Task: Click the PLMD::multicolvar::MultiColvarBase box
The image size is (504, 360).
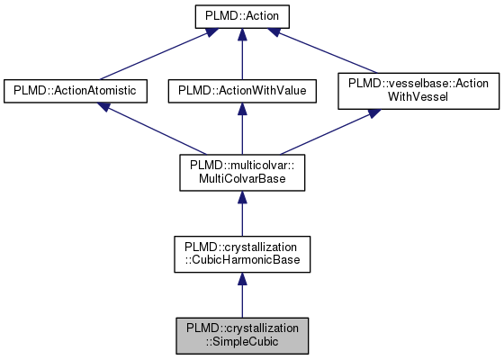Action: [240, 172]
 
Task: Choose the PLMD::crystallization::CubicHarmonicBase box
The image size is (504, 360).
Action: [240, 254]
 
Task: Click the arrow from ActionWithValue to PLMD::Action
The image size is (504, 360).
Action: [240, 54]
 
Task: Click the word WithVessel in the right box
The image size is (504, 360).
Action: [418, 98]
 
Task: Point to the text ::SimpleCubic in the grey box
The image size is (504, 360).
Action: [240, 342]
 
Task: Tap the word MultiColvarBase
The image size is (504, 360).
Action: [240, 179]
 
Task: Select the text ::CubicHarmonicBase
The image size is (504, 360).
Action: [240, 261]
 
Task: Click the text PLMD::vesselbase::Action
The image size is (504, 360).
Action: [418, 83]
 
